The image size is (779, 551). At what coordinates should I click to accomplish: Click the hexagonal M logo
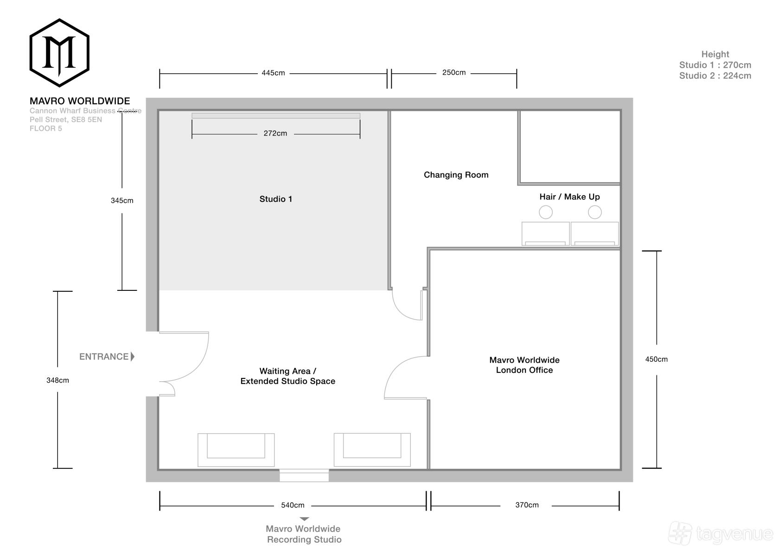click(59, 53)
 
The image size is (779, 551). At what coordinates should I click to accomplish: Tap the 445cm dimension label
click(273, 73)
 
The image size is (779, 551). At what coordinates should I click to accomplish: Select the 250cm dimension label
click(453, 73)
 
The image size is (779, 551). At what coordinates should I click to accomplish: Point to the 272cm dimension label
click(275, 134)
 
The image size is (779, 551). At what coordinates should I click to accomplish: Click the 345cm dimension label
click(121, 201)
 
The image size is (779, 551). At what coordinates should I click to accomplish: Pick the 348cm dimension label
click(57, 380)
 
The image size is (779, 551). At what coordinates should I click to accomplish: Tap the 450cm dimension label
click(656, 359)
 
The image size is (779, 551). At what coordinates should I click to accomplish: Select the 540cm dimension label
click(293, 505)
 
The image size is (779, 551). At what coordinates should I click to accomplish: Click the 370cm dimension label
click(527, 505)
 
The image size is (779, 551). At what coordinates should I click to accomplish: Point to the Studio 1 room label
click(276, 199)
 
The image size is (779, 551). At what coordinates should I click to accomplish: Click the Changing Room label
click(456, 175)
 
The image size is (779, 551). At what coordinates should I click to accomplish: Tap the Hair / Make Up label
click(569, 197)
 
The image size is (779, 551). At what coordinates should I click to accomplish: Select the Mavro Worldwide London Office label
click(524, 365)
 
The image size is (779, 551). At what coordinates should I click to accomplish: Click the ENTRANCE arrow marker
click(133, 357)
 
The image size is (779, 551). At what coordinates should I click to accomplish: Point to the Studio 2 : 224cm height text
click(715, 76)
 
